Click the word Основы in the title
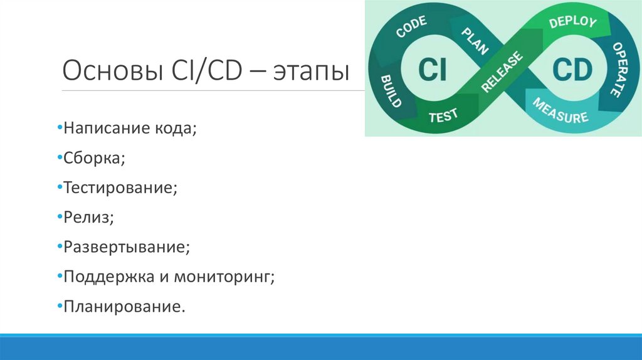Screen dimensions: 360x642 click(111, 71)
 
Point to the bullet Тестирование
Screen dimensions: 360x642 click(120, 187)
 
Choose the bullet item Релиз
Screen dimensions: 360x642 click(88, 216)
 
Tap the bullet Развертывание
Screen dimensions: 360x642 click(126, 246)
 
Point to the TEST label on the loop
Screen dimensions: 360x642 click(443, 115)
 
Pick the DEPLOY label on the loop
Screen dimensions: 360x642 click(572, 21)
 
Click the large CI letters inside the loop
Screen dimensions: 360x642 click(432, 70)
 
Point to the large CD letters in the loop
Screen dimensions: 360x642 click(572, 70)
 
